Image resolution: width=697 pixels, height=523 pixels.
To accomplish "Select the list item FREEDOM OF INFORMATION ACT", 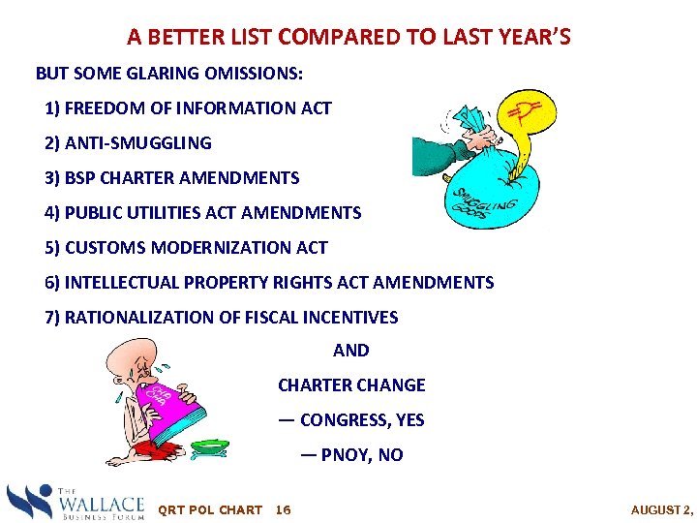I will tap(189, 108).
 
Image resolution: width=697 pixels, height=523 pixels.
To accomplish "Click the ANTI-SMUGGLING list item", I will tap(129, 143).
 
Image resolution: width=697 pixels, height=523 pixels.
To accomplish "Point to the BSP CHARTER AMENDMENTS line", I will tap(172, 178).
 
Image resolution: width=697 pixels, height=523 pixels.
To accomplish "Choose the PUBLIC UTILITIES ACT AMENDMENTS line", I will tap(203, 213).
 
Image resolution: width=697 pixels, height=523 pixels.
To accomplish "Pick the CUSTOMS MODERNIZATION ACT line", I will tap(187, 248).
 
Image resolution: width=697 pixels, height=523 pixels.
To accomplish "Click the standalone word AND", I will tap(350, 351).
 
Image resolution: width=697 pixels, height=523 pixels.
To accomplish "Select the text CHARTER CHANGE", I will tap(351, 385).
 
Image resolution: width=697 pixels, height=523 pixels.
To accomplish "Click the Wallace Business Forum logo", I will tap(76, 502).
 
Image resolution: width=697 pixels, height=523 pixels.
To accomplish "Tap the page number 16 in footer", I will tap(284, 510).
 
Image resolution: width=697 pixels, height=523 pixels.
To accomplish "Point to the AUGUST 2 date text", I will tap(661, 510).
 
